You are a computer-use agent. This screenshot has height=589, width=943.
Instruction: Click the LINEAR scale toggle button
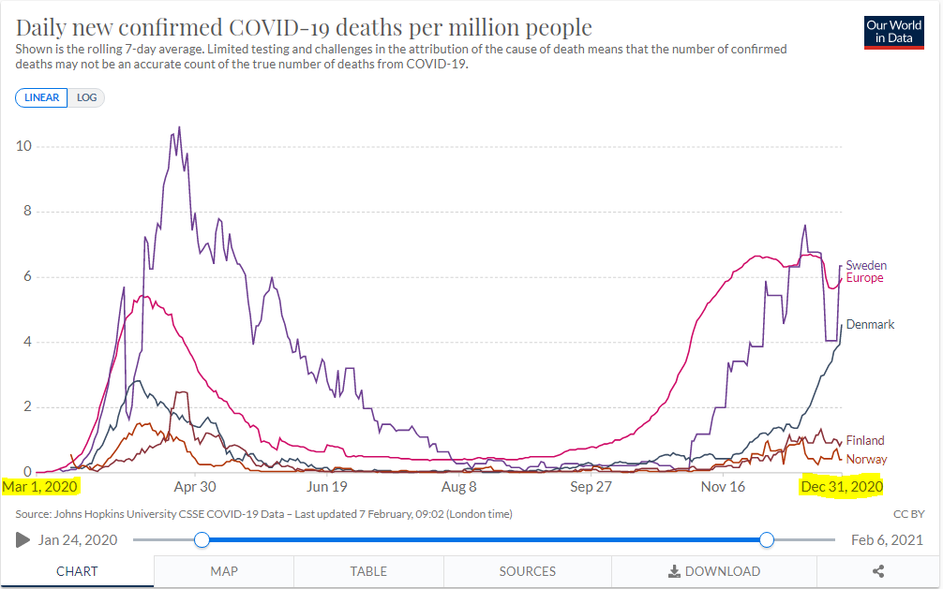point(41,97)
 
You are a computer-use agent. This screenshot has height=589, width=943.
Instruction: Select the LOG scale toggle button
point(86,97)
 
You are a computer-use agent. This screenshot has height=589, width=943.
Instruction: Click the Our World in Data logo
point(893,32)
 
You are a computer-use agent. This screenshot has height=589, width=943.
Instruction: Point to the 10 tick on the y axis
point(25,146)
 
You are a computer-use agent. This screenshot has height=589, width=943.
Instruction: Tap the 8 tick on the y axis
point(27,212)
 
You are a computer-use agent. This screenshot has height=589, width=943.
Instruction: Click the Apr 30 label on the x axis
point(195,487)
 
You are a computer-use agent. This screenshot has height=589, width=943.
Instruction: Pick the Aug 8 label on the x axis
point(459,487)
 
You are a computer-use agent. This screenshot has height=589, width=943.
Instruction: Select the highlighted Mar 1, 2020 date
point(40,487)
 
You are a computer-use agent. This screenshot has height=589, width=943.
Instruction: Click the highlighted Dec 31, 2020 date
point(841,487)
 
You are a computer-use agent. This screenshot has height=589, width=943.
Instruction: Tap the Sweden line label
point(866,266)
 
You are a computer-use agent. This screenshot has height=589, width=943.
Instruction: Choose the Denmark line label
point(870,325)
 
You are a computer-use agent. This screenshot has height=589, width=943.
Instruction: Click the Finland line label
point(865,441)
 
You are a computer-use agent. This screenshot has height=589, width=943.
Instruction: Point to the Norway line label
point(866,459)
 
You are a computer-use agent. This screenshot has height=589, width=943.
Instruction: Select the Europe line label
point(864,278)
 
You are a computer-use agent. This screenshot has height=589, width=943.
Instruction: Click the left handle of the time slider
point(202,539)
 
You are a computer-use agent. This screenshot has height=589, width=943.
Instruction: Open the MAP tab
point(224,571)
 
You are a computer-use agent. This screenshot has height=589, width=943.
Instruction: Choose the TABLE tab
point(368,571)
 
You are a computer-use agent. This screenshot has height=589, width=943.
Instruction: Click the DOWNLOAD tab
point(714,571)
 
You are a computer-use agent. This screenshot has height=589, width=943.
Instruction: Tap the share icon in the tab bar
point(878,571)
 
